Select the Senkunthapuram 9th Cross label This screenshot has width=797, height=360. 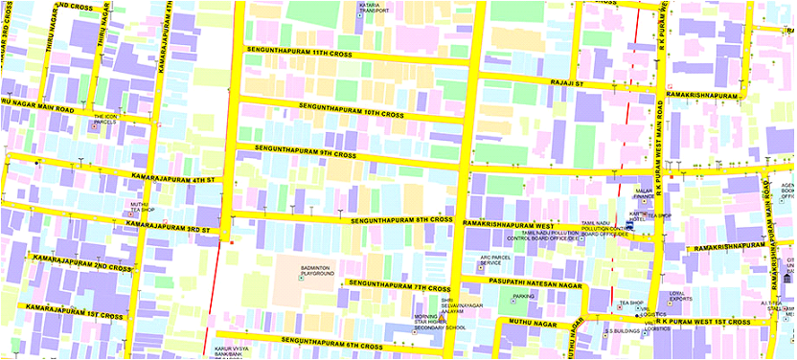305,151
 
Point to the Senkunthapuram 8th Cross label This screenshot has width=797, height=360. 400,220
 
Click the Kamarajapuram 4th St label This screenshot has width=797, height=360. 170,177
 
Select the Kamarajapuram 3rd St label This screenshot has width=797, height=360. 169,228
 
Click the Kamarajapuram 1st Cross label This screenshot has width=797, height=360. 64,309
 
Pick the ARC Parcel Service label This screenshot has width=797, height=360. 497,259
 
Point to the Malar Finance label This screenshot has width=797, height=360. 644,195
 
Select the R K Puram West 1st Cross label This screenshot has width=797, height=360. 710,323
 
